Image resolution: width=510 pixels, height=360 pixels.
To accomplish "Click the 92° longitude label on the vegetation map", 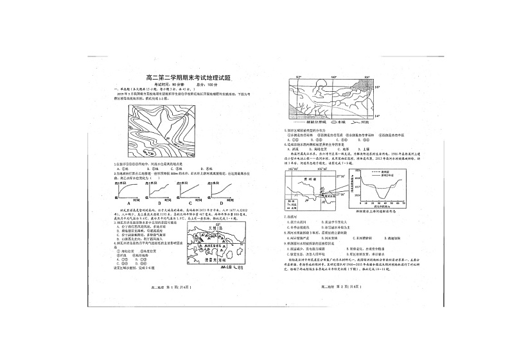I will [x=299, y=77].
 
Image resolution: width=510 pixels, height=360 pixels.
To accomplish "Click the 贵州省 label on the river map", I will [x=304, y=182].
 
